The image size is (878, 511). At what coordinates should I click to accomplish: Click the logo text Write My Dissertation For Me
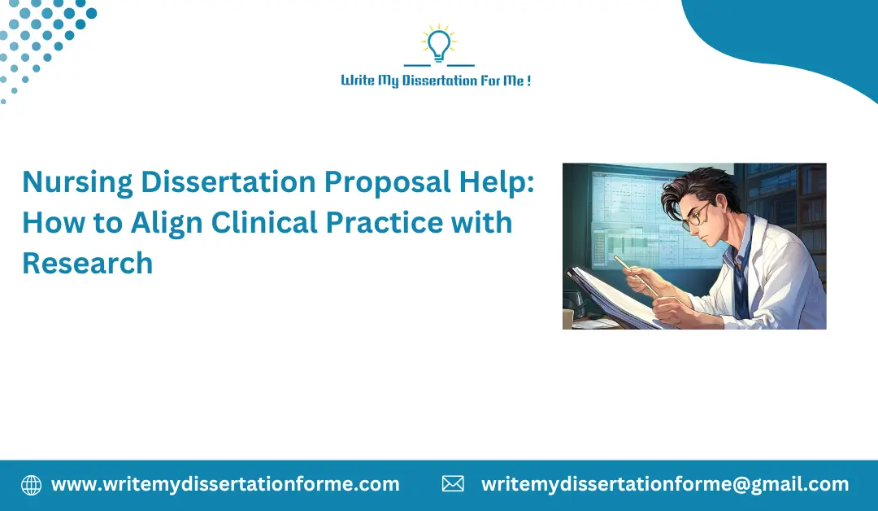(437, 81)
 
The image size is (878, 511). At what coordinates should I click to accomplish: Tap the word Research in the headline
(88, 262)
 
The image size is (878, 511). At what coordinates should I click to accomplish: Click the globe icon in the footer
(31, 485)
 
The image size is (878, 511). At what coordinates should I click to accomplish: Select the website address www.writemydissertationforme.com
(225, 485)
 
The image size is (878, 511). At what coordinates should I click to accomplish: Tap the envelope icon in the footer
(453, 485)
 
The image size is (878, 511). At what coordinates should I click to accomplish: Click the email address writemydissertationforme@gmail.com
(665, 485)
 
